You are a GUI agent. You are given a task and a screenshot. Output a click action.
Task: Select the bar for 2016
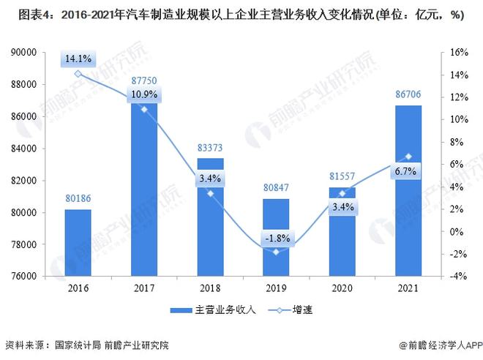[x=78, y=243]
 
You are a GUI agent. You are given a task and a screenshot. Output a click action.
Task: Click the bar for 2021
[x=408, y=191]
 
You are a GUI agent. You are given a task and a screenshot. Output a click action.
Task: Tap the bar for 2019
[x=276, y=238]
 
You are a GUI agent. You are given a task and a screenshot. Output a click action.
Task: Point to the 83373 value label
[x=210, y=147]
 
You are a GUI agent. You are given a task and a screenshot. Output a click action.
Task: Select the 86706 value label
[x=408, y=95]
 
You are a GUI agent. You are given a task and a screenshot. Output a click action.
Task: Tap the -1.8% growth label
[x=276, y=238]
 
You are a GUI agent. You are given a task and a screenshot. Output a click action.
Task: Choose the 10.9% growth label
[x=144, y=96]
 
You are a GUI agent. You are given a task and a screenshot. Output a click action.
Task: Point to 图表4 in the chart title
[x=20, y=14]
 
